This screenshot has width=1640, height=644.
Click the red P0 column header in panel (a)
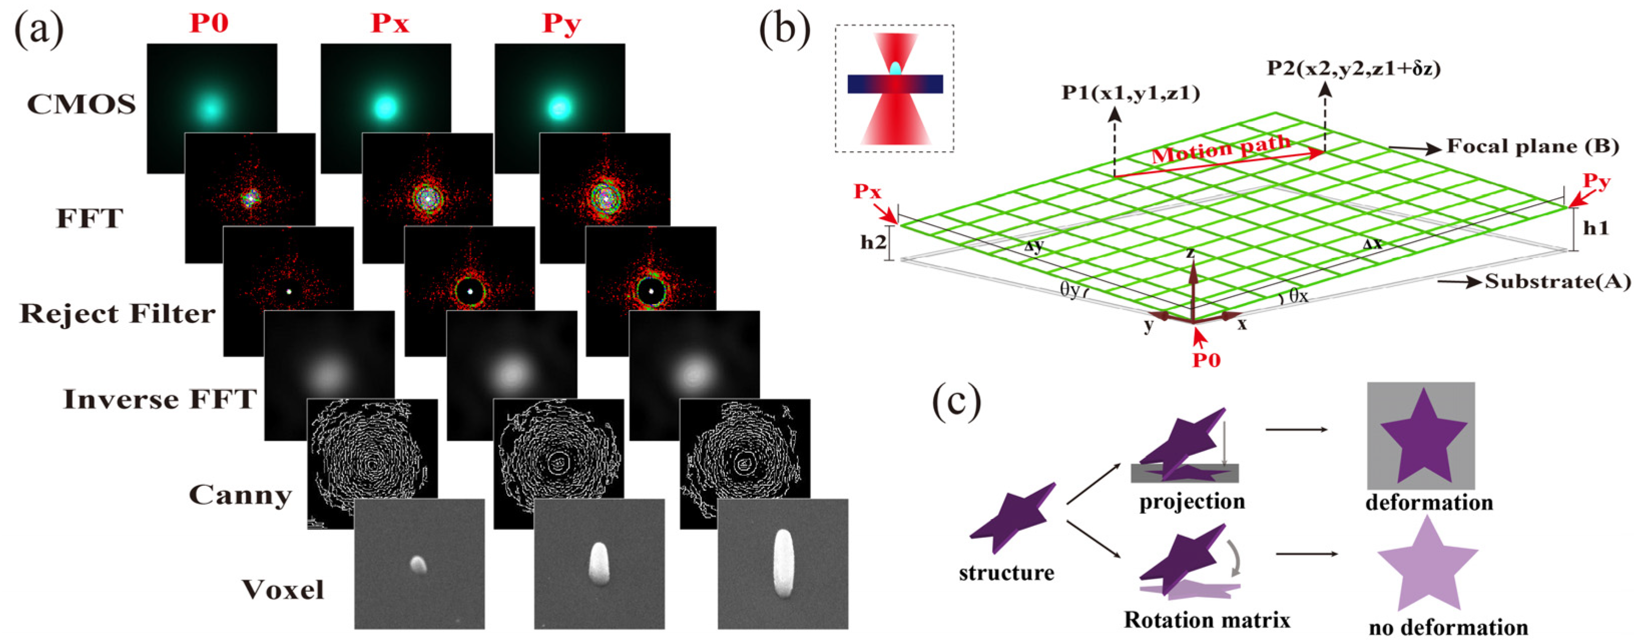(x=209, y=23)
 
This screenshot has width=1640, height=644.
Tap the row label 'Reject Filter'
(x=118, y=313)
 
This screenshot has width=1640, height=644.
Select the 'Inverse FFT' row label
(x=160, y=400)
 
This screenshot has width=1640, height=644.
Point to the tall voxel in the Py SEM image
(x=783, y=564)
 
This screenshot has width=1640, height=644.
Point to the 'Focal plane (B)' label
(x=1532, y=146)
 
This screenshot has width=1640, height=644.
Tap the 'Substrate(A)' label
(x=1557, y=281)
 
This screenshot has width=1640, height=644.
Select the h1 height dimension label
(x=1596, y=228)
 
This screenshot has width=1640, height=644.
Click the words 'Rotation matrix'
(x=1206, y=620)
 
